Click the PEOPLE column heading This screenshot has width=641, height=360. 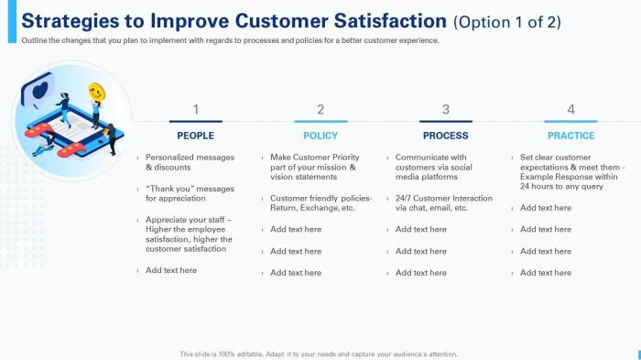(195, 136)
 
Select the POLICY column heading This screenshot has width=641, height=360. (320, 136)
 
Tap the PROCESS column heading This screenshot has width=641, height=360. (446, 136)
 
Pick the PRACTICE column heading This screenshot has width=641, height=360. (570, 136)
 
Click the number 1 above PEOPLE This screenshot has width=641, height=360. (195, 109)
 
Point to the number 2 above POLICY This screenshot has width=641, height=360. (320, 109)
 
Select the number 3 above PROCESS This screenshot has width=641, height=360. (446, 109)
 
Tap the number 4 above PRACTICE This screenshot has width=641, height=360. (570, 109)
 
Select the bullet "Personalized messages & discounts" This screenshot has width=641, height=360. (189, 162)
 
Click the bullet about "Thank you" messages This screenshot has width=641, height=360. (189, 193)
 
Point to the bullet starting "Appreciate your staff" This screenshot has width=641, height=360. (189, 234)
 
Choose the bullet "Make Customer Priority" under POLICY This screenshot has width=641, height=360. (314, 167)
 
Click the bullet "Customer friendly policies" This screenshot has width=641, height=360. (320, 202)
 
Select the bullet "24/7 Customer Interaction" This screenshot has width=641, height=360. (443, 202)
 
